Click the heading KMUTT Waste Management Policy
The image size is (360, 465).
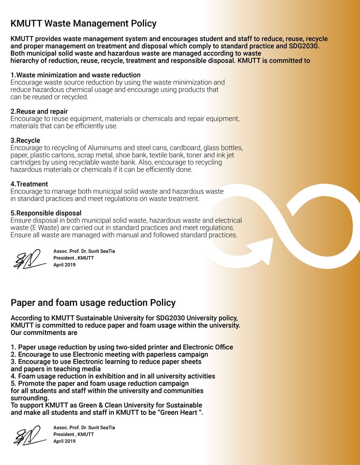pos(83,23)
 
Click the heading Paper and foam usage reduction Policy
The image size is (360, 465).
pos(93,303)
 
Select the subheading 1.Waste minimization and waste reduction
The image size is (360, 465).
pos(75,75)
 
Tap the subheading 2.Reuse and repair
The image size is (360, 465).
pos(39,111)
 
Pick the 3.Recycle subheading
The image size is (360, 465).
pos(25,141)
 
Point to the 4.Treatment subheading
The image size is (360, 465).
pos(29,184)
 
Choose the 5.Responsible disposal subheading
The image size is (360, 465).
pos(46,213)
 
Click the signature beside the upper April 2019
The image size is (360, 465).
pos(29,260)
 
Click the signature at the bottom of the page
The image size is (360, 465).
pos(29,436)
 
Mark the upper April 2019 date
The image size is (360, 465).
pos(64,265)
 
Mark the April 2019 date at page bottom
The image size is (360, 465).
pos(64,441)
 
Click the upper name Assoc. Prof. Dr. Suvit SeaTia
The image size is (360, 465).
pos(84,251)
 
